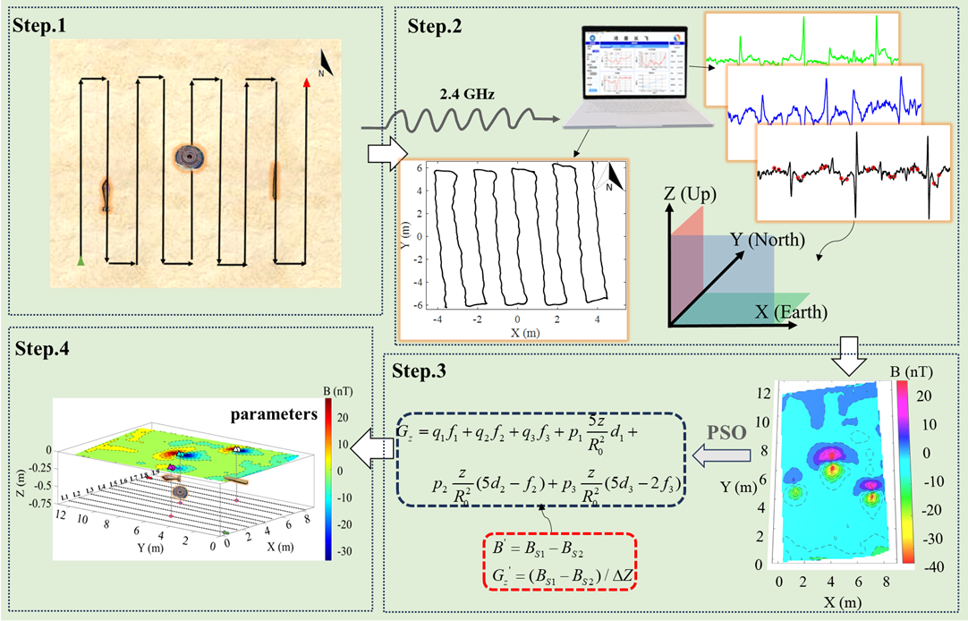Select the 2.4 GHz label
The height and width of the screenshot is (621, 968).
[467, 93]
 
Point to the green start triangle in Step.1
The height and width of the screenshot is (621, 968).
[81, 261]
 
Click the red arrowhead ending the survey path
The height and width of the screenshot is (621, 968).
[307, 82]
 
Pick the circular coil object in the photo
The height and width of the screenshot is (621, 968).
[190, 157]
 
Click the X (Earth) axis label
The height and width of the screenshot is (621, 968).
[792, 312]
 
